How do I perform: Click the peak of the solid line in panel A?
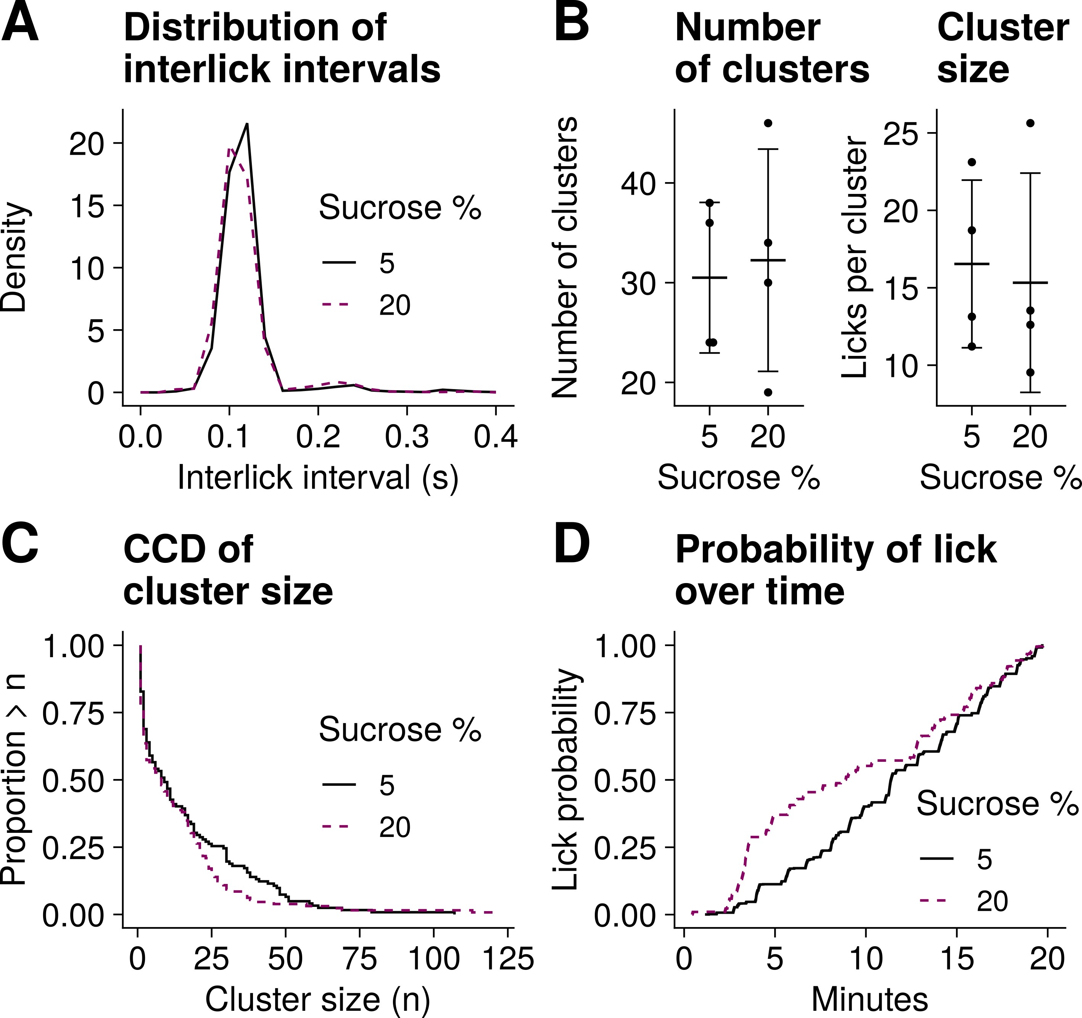point(247,124)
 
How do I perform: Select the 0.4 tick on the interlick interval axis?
point(495,437)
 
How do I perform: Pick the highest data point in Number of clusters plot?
point(768,123)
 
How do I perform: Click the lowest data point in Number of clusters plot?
point(768,392)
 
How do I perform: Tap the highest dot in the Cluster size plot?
point(1030,123)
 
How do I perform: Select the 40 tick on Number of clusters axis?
point(638,183)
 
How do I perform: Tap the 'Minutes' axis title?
point(869,1000)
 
